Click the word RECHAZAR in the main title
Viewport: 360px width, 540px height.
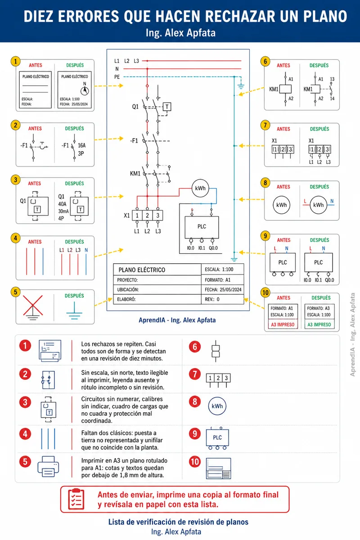[240, 16]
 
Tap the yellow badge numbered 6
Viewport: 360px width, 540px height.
[265, 62]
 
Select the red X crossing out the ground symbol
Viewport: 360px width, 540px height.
[33, 305]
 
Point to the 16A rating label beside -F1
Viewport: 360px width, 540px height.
[82, 145]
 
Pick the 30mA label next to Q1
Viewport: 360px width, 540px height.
[63, 211]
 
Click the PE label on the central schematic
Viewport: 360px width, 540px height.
[117, 77]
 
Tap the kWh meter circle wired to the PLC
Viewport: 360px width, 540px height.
[200, 188]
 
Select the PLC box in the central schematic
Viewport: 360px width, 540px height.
[202, 227]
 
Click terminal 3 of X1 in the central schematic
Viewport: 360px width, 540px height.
[157, 215]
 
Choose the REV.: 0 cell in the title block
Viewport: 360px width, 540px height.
[222, 299]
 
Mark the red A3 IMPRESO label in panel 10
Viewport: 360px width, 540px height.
[283, 324]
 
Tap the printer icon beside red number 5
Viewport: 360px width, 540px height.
[48, 467]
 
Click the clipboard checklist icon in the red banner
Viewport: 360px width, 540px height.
[76, 499]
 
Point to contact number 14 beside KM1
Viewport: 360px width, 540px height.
[332, 99]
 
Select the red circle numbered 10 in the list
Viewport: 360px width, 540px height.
[195, 462]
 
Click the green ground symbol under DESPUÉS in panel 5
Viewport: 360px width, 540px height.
[74, 311]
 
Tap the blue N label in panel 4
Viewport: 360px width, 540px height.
[86, 250]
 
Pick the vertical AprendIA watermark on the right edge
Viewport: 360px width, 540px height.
[352, 334]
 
